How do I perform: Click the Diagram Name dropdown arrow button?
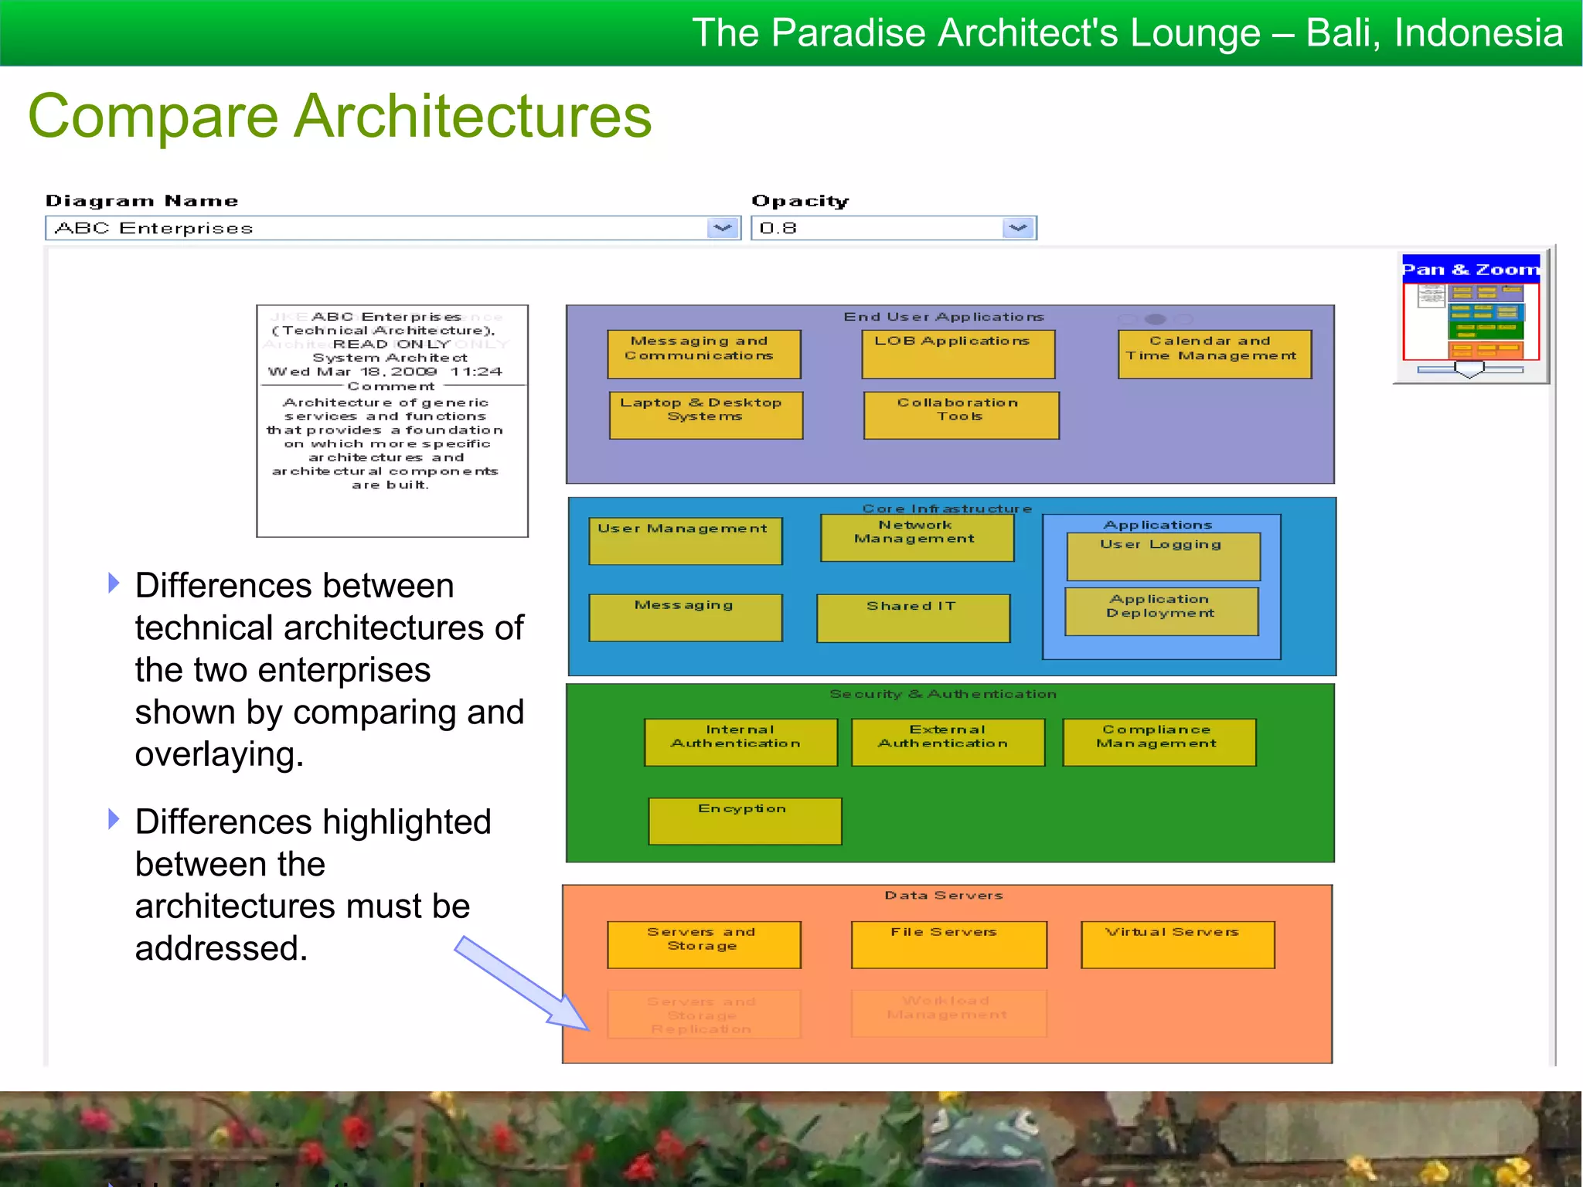pyautogui.click(x=723, y=228)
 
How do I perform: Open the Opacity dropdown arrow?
pyautogui.click(x=1018, y=228)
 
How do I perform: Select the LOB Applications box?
pyautogui.click(x=958, y=355)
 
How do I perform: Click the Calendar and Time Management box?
pyautogui.click(x=1214, y=355)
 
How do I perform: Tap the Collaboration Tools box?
pyautogui.click(x=961, y=416)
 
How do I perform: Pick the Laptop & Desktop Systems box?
pyautogui.click(x=706, y=416)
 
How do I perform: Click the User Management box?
pyautogui.click(x=685, y=541)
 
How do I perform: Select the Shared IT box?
pyautogui.click(x=913, y=618)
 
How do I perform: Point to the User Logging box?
pyautogui.click(x=1163, y=556)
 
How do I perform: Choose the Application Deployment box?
pyautogui.click(x=1161, y=611)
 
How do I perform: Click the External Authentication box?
pyautogui.click(x=947, y=743)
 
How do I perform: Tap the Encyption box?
pyautogui.click(x=744, y=821)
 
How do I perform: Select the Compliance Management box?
pyautogui.click(x=1159, y=743)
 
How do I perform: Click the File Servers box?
pyautogui.click(x=948, y=944)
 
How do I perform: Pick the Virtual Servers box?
pyautogui.click(x=1177, y=944)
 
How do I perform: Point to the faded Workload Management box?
pyautogui.click(x=948, y=1013)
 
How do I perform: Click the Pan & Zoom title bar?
pyautogui.click(x=1470, y=269)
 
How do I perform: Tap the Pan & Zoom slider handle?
pyautogui.click(x=1469, y=370)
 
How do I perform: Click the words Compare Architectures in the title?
pyautogui.click(x=340, y=116)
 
